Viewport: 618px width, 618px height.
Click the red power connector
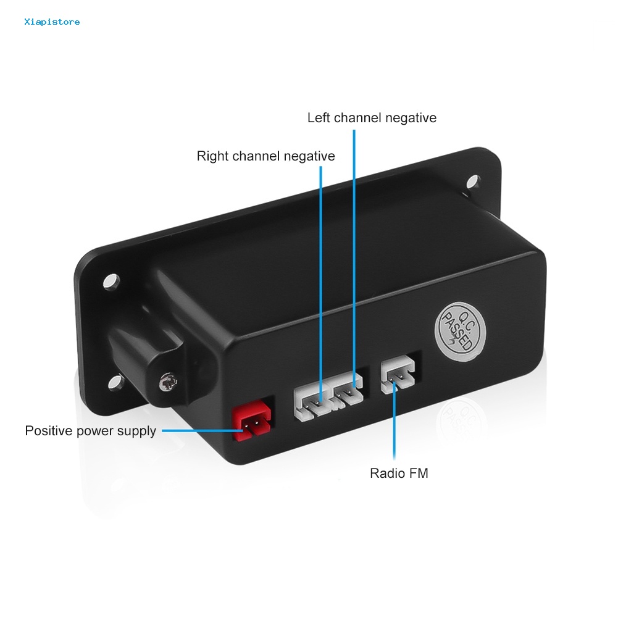coord(253,424)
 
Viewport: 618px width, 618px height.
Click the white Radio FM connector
coord(398,376)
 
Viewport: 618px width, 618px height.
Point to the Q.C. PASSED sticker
coord(461,330)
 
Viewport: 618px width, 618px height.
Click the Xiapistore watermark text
coord(52,22)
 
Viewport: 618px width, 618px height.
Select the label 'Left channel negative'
coord(372,118)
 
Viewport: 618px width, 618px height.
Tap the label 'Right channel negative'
coord(265,156)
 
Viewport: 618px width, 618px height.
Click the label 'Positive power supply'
coord(90,431)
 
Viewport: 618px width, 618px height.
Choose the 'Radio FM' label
coord(399,474)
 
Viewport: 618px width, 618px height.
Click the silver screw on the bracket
coord(166,383)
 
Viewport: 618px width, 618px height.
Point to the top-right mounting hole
coord(473,182)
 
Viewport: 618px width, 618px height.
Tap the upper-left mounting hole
coord(111,281)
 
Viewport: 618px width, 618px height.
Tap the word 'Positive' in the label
coord(48,431)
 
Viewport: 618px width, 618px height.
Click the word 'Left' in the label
coord(319,118)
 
